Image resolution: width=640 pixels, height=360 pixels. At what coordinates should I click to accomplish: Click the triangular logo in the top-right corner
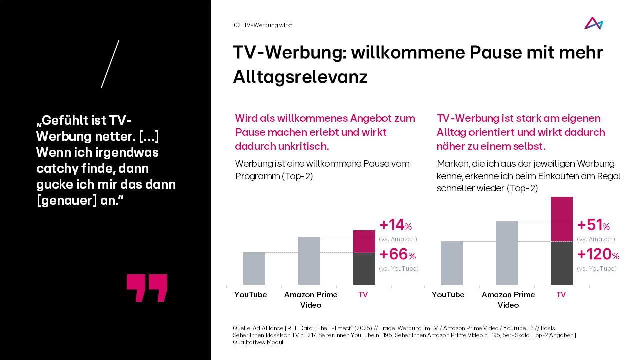tap(593, 23)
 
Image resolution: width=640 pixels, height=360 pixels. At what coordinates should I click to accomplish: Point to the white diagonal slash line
tap(110, 64)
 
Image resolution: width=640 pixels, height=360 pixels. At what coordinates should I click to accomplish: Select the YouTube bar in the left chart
tap(254, 268)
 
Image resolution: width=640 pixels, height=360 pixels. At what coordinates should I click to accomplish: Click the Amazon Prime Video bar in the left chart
tap(309, 261)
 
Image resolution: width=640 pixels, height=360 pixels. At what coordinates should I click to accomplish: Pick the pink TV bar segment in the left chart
tap(364, 241)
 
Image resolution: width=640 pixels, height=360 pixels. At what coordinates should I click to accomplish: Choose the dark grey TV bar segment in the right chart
tap(562, 263)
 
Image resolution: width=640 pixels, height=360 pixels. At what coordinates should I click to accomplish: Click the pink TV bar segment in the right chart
tap(562, 219)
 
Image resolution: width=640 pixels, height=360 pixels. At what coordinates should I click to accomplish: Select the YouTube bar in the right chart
tap(452, 263)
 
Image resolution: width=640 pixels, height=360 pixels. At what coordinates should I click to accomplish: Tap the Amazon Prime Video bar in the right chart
tap(507, 253)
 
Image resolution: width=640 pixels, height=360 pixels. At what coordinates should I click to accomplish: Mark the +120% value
tap(598, 254)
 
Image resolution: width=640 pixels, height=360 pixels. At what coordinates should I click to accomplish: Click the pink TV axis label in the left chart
tap(363, 295)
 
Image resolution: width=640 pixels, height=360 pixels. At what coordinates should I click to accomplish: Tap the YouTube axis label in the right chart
tap(448, 295)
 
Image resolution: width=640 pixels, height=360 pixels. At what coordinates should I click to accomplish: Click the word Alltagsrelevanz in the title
tap(300, 77)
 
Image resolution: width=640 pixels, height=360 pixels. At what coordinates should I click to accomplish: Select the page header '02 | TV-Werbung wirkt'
tap(263, 25)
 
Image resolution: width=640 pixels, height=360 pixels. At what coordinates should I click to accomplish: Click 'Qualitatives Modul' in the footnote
tap(258, 342)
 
